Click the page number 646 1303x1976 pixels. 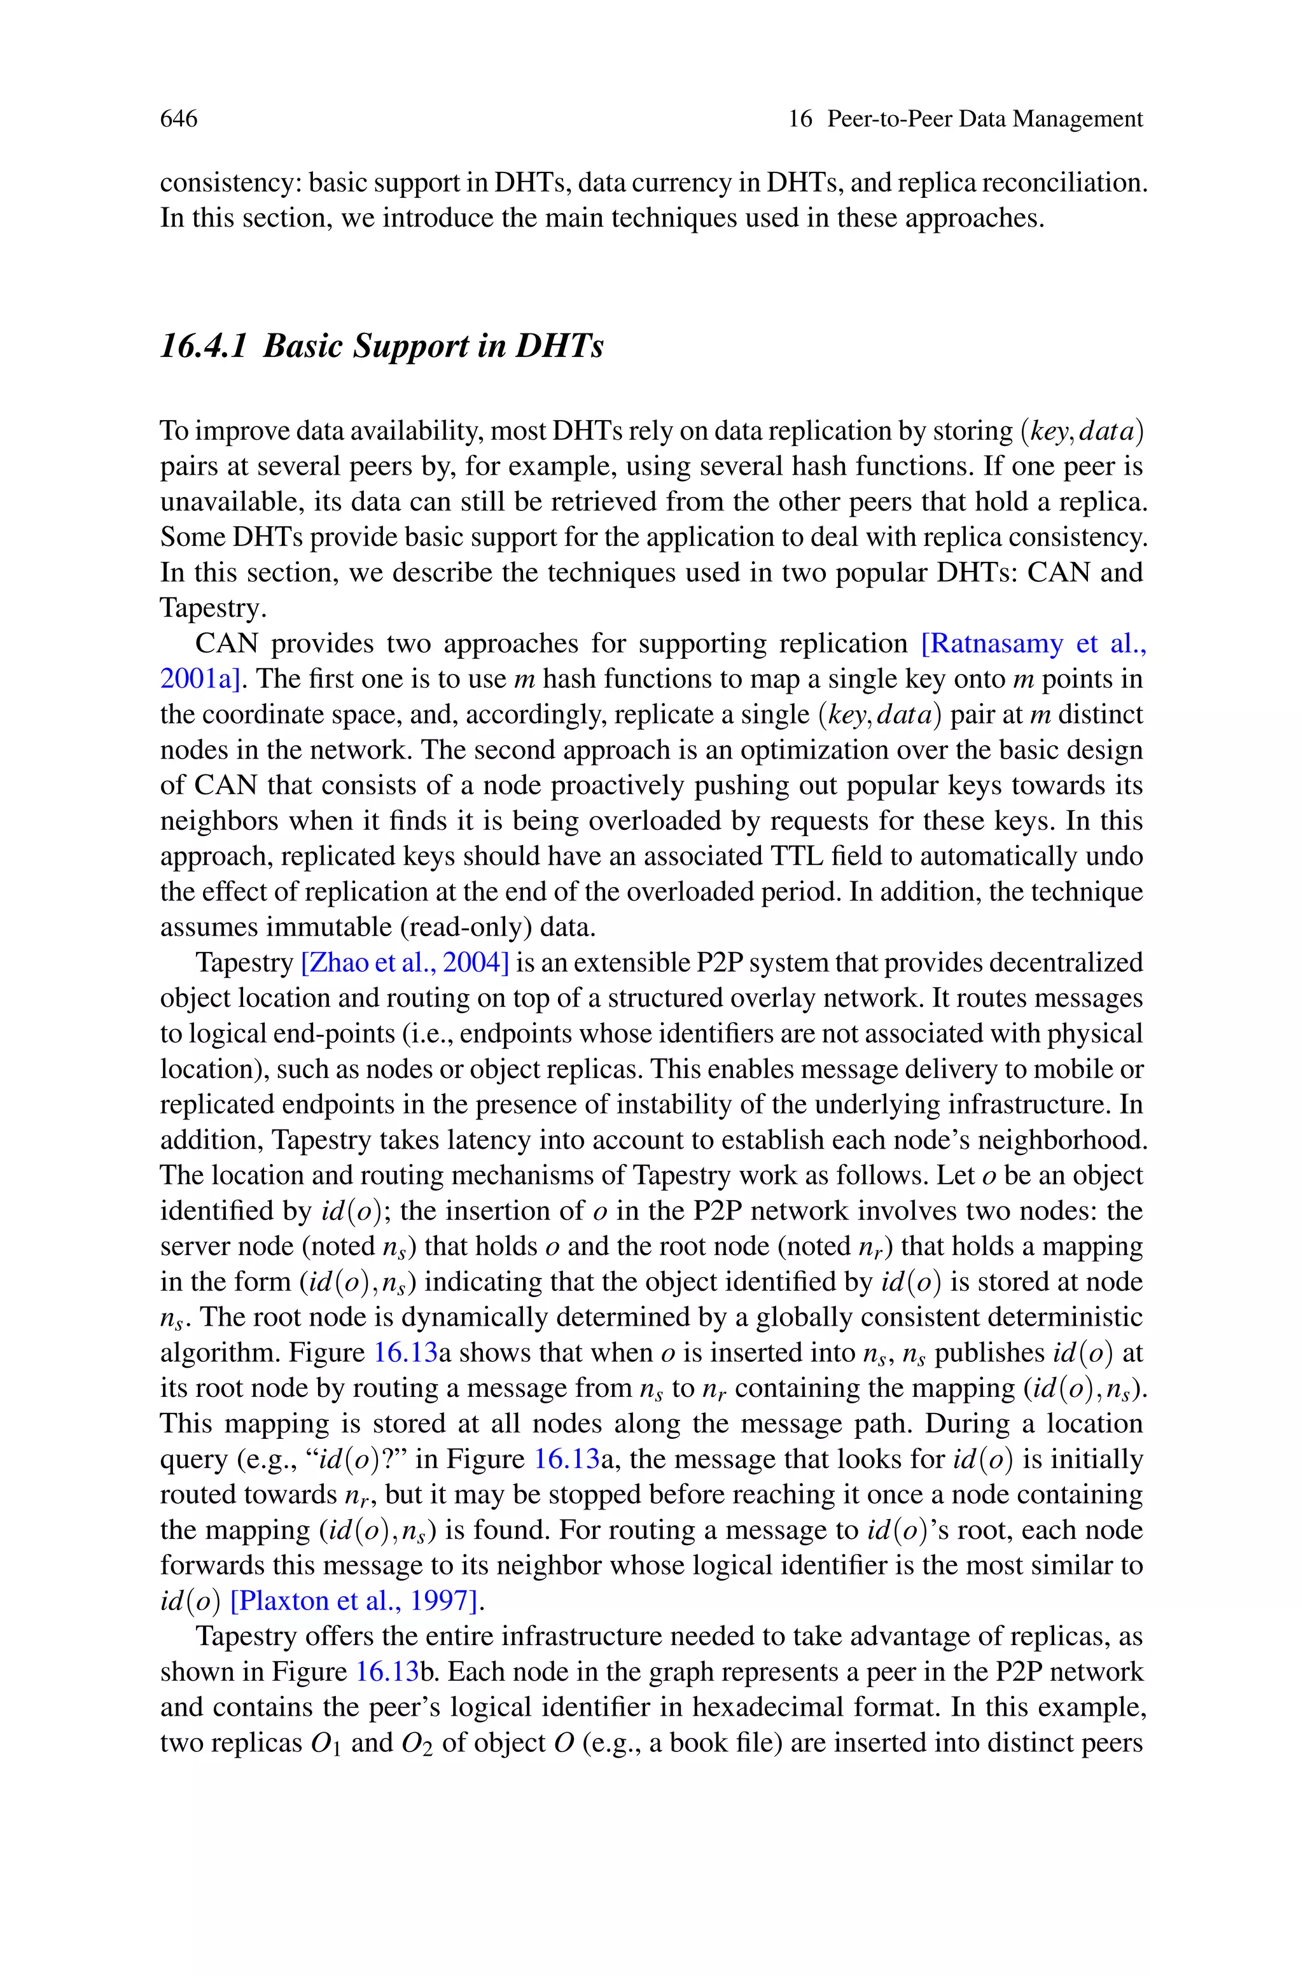[x=179, y=119]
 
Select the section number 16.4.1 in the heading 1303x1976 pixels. [x=204, y=346]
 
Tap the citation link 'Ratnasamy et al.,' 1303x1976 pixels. [x=1034, y=643]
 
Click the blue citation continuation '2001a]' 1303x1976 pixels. [x=200, y=679]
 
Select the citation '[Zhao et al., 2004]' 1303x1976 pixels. [x=405, y=962]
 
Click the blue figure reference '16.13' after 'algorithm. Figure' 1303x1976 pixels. [x=405, y=1352]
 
